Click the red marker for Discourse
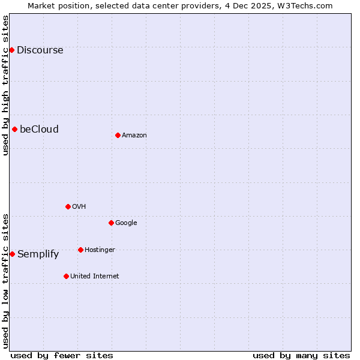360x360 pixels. click(11, 50)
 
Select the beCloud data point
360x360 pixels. click(14, 129)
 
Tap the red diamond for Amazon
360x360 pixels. click(118, 135)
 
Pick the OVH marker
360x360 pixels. click(68, 206)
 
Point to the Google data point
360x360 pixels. click(111, 223)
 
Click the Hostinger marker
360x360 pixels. click(80, 250)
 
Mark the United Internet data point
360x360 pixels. click(66, 276)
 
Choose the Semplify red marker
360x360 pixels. click(12, 254)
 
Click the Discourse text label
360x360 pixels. click(40, 50)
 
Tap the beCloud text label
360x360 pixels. click(39, 129)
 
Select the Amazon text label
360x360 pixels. click(134, 135)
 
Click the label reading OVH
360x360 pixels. click(79, 206)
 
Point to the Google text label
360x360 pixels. click(126, 223)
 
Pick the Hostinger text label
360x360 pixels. click(100, 250)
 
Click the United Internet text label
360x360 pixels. click(94, 276)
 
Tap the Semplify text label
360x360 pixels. click(38, 254)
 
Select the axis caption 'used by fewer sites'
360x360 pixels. click(62, 355)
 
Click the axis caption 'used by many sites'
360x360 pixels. click(301, 355)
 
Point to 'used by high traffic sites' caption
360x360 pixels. click(5, 85)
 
